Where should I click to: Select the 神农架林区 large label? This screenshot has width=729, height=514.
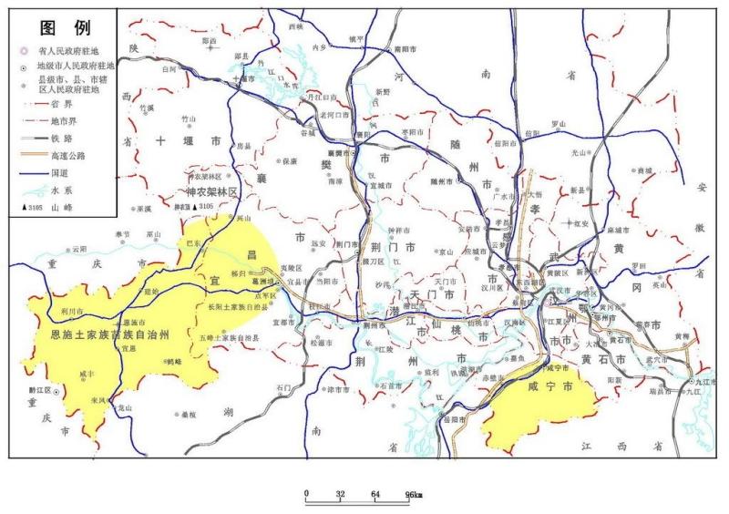[x=210, y=193]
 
